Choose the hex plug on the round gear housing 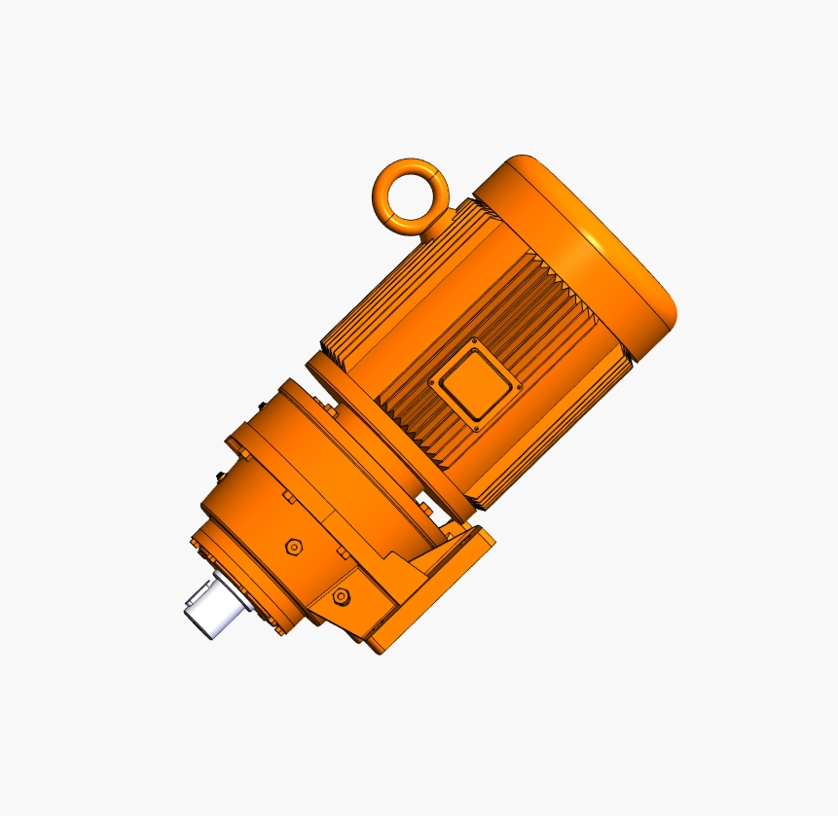[x=293, y=548]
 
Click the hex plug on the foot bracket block [x=340, y=596]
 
